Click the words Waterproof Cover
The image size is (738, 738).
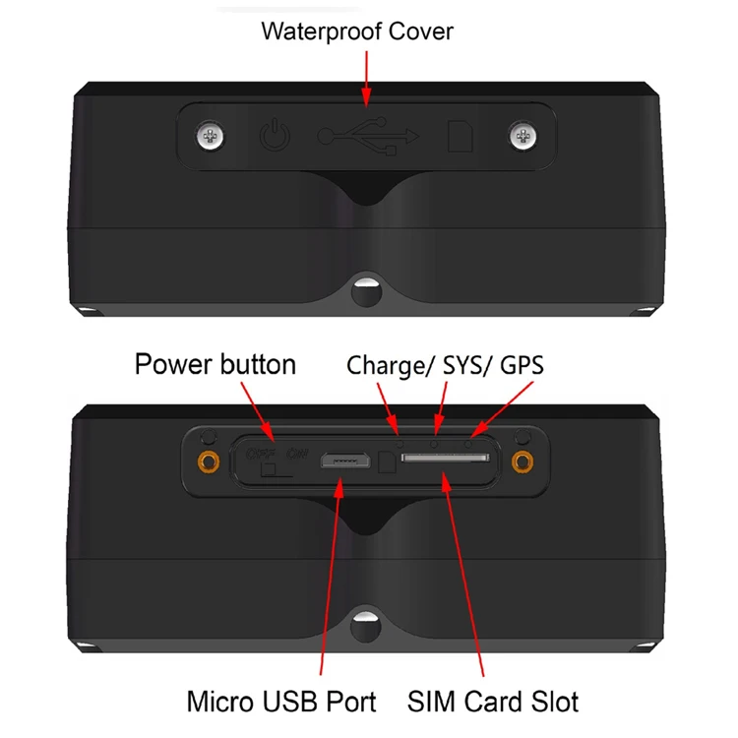point(357,31)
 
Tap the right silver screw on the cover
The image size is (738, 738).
point(522,135)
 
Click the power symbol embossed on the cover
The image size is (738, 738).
point(273,136)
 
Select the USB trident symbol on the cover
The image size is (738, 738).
point(369,135)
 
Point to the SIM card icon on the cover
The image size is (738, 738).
point(459,136)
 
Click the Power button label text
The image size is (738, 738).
point(215,364)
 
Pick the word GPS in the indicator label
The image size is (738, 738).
point(522,366)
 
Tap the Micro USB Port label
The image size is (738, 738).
point(281,702)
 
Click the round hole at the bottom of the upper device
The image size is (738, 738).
point(365,291)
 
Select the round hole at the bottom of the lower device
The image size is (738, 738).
point(365,622)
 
